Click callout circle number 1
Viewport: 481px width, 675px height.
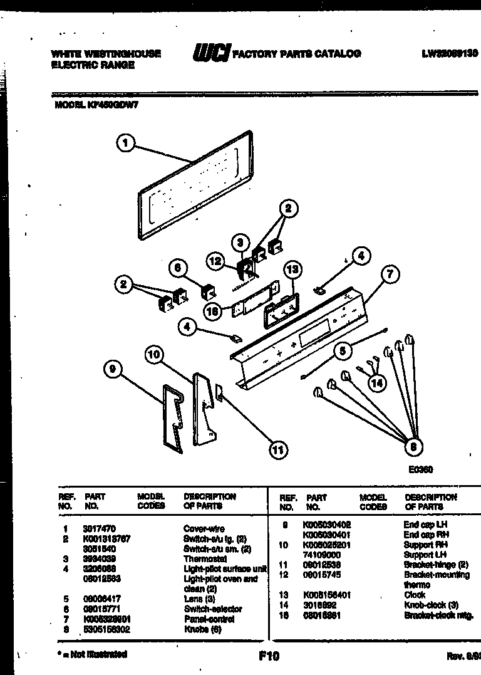pos(126,144)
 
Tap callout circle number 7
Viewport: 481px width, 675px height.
pos(390,274)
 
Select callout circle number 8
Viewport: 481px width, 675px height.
pos(413,446)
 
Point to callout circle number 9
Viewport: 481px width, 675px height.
pos(113,370)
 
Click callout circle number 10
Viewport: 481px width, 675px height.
pos(155,354)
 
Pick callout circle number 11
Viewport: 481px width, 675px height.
pos(277,449)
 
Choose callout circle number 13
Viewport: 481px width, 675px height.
pos(292,269)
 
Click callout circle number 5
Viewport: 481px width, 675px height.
pos(342,352)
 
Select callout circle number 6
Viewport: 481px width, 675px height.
pos(178,268)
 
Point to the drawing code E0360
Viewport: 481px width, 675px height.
pos(421,469)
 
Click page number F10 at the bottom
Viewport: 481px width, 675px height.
pos(268,656)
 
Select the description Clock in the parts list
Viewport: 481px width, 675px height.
pos(414,595)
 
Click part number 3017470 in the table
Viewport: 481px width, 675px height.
pos(100,528)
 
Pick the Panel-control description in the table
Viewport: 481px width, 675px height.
pos(209,619)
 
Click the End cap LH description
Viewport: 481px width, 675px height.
pos(425,524)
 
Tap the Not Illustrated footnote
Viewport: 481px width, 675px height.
pos(91,654)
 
